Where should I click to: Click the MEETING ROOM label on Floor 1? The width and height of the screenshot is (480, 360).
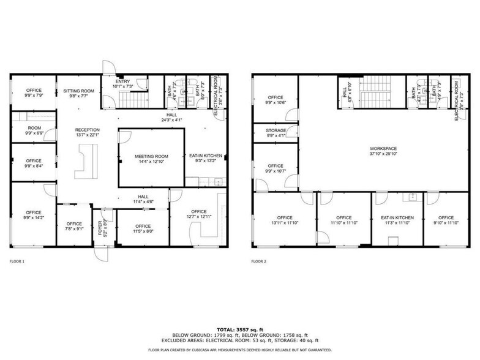click(151, 157)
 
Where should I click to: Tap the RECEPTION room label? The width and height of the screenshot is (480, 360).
click(88, 130)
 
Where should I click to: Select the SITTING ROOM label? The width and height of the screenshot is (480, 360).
click(79, 91)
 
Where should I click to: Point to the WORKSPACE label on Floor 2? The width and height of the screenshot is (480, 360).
click(383, 148)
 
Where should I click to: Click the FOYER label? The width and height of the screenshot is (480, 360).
click(100, 228)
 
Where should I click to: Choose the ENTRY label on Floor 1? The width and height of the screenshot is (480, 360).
click(123, 81)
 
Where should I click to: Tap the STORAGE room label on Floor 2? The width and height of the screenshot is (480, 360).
click(276, 130)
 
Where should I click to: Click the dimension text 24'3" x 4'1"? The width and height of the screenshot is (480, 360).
click(173, 119)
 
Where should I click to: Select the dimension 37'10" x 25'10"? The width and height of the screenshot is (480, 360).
click(383, 154)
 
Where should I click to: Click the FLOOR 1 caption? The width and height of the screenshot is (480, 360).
click(17, 261)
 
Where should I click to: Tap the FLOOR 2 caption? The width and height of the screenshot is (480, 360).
click(259, 261)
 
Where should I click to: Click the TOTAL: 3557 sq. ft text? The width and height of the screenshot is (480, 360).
click(240, 329)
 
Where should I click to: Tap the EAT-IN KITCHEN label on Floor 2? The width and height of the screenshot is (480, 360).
click(397, 218)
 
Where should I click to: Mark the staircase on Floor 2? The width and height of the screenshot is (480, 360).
click(372, 95)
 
